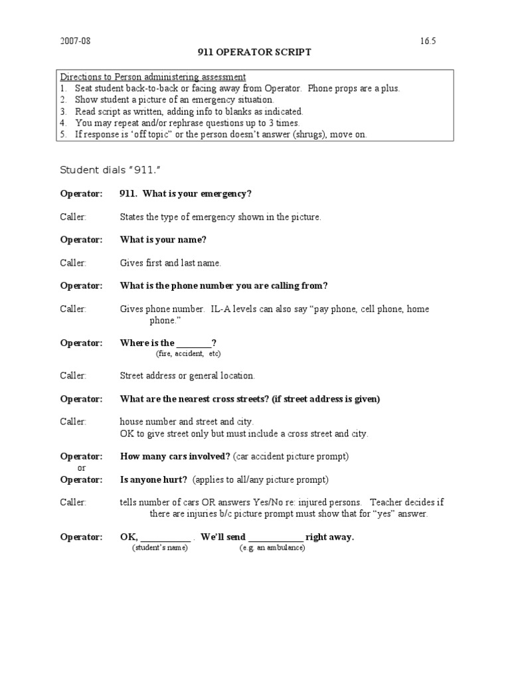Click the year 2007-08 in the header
pyautogui.click(x=74, y=42)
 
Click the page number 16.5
pyautogui.click(x=428, y=42)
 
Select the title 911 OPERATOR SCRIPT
pyautogui.click(x=255, y=53)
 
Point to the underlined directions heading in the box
pyautogui.click(x=153, y=77)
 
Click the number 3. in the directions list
pyautogui.click(x=64, y=112)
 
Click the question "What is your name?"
pyautogui.click(x=159, y=239)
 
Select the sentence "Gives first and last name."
pyautogui.click(x=171, y=263)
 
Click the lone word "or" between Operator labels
pyautogui.click(x=82, y=468)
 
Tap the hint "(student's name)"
pyautogui.click(x=159, y=548)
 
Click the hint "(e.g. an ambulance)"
pyautogui.click(x=272, y=548)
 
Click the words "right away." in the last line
pyautogui.click(x=330, y=537)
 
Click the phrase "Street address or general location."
pyautogui.click(x=187, y=376)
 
